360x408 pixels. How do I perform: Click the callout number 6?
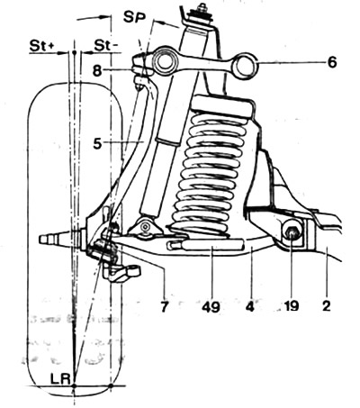tap(331, 62)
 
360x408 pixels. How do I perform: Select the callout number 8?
tap(97, 71)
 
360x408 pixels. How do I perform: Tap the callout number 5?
tap(97, 143)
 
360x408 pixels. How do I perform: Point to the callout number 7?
tap(164, 306)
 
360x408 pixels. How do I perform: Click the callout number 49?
tap(211, 306)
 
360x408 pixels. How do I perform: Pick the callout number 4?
tap(250, 306)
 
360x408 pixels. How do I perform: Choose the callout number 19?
tap(290, 306)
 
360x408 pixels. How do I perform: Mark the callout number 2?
tap(326, 306)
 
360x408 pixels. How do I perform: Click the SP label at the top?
tap(134, 18)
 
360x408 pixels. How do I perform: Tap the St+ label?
tap(42, 46)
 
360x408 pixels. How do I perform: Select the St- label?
tap(106, 46)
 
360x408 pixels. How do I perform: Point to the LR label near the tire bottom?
tap(60, 379)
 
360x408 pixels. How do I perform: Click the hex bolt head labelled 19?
tap(292, 233)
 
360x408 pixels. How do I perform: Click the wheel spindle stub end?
tap(43, 240)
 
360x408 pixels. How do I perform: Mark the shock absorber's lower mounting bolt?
tap(146, 226)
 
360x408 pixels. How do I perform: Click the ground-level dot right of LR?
tap(111, 385)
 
